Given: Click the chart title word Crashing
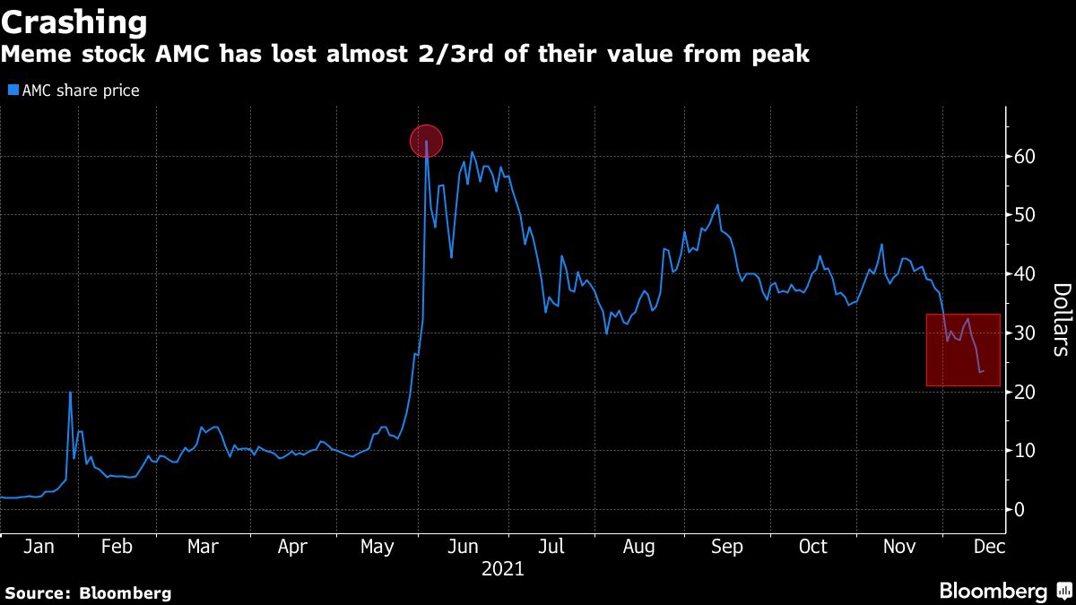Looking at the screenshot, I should tap(74, 21).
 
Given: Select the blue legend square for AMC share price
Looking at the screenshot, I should tap(13, 91).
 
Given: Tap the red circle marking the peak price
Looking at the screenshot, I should tap(427, 141).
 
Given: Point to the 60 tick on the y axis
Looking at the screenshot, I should tap(1025, 157).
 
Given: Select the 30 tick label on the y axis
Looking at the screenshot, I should tap(1025, 333).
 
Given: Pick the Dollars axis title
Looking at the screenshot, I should tap(1061, 319).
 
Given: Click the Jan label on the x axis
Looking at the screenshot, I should tap(37, 547).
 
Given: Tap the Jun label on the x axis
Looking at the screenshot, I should tap(462, 547).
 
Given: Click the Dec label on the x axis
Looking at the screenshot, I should tap(988, 547).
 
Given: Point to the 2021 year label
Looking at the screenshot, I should tap(502, 568).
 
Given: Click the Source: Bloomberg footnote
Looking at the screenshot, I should tap(88, 592).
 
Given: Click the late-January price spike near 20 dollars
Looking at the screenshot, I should tap(70, 393).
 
